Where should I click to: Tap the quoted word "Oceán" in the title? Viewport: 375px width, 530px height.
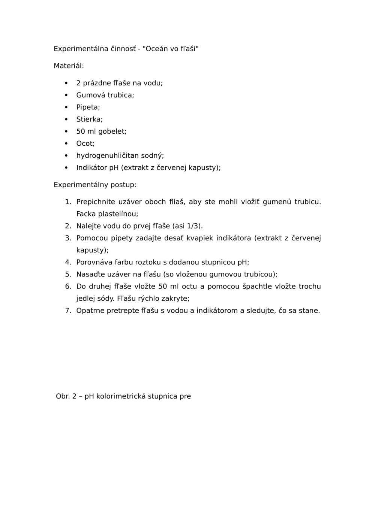pos(156,49)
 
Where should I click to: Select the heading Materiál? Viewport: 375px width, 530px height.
pos(69,66)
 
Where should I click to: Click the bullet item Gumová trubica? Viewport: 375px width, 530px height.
pos(105,95)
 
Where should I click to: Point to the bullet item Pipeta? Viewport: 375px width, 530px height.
pos(88,107)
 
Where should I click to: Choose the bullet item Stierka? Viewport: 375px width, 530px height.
pos(89,119)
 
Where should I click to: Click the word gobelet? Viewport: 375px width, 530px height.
pos(112,131)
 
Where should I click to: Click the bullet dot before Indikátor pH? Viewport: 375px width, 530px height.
pos(66,167)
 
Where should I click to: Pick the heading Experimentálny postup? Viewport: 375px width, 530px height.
pos(95,185)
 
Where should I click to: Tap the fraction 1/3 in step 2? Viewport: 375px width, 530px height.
pos(193,226)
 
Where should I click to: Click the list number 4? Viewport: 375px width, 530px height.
pos(67,262)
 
